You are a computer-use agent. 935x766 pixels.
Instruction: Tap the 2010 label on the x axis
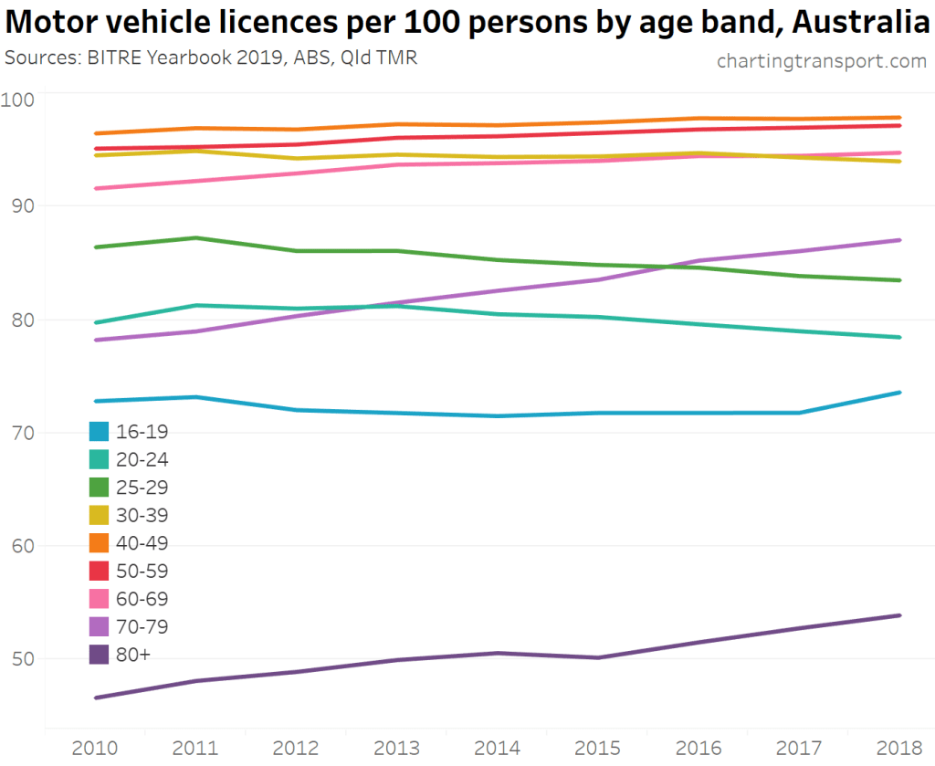95,748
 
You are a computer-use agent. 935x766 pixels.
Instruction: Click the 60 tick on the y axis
22,546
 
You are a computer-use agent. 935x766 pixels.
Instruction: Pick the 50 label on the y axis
22,658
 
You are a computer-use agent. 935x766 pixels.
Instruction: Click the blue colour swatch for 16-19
100,431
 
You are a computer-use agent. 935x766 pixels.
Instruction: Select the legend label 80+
133,654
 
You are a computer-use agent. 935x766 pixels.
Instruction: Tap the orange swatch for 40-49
100,542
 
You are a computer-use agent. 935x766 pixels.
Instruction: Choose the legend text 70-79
142,626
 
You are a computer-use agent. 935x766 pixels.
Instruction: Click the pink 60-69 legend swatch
100,598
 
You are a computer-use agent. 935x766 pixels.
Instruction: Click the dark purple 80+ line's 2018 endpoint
899,615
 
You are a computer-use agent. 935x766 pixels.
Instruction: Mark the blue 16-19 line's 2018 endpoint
899,393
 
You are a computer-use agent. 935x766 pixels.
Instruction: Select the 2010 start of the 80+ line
96,698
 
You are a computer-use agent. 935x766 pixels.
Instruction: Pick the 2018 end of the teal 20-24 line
899,337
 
